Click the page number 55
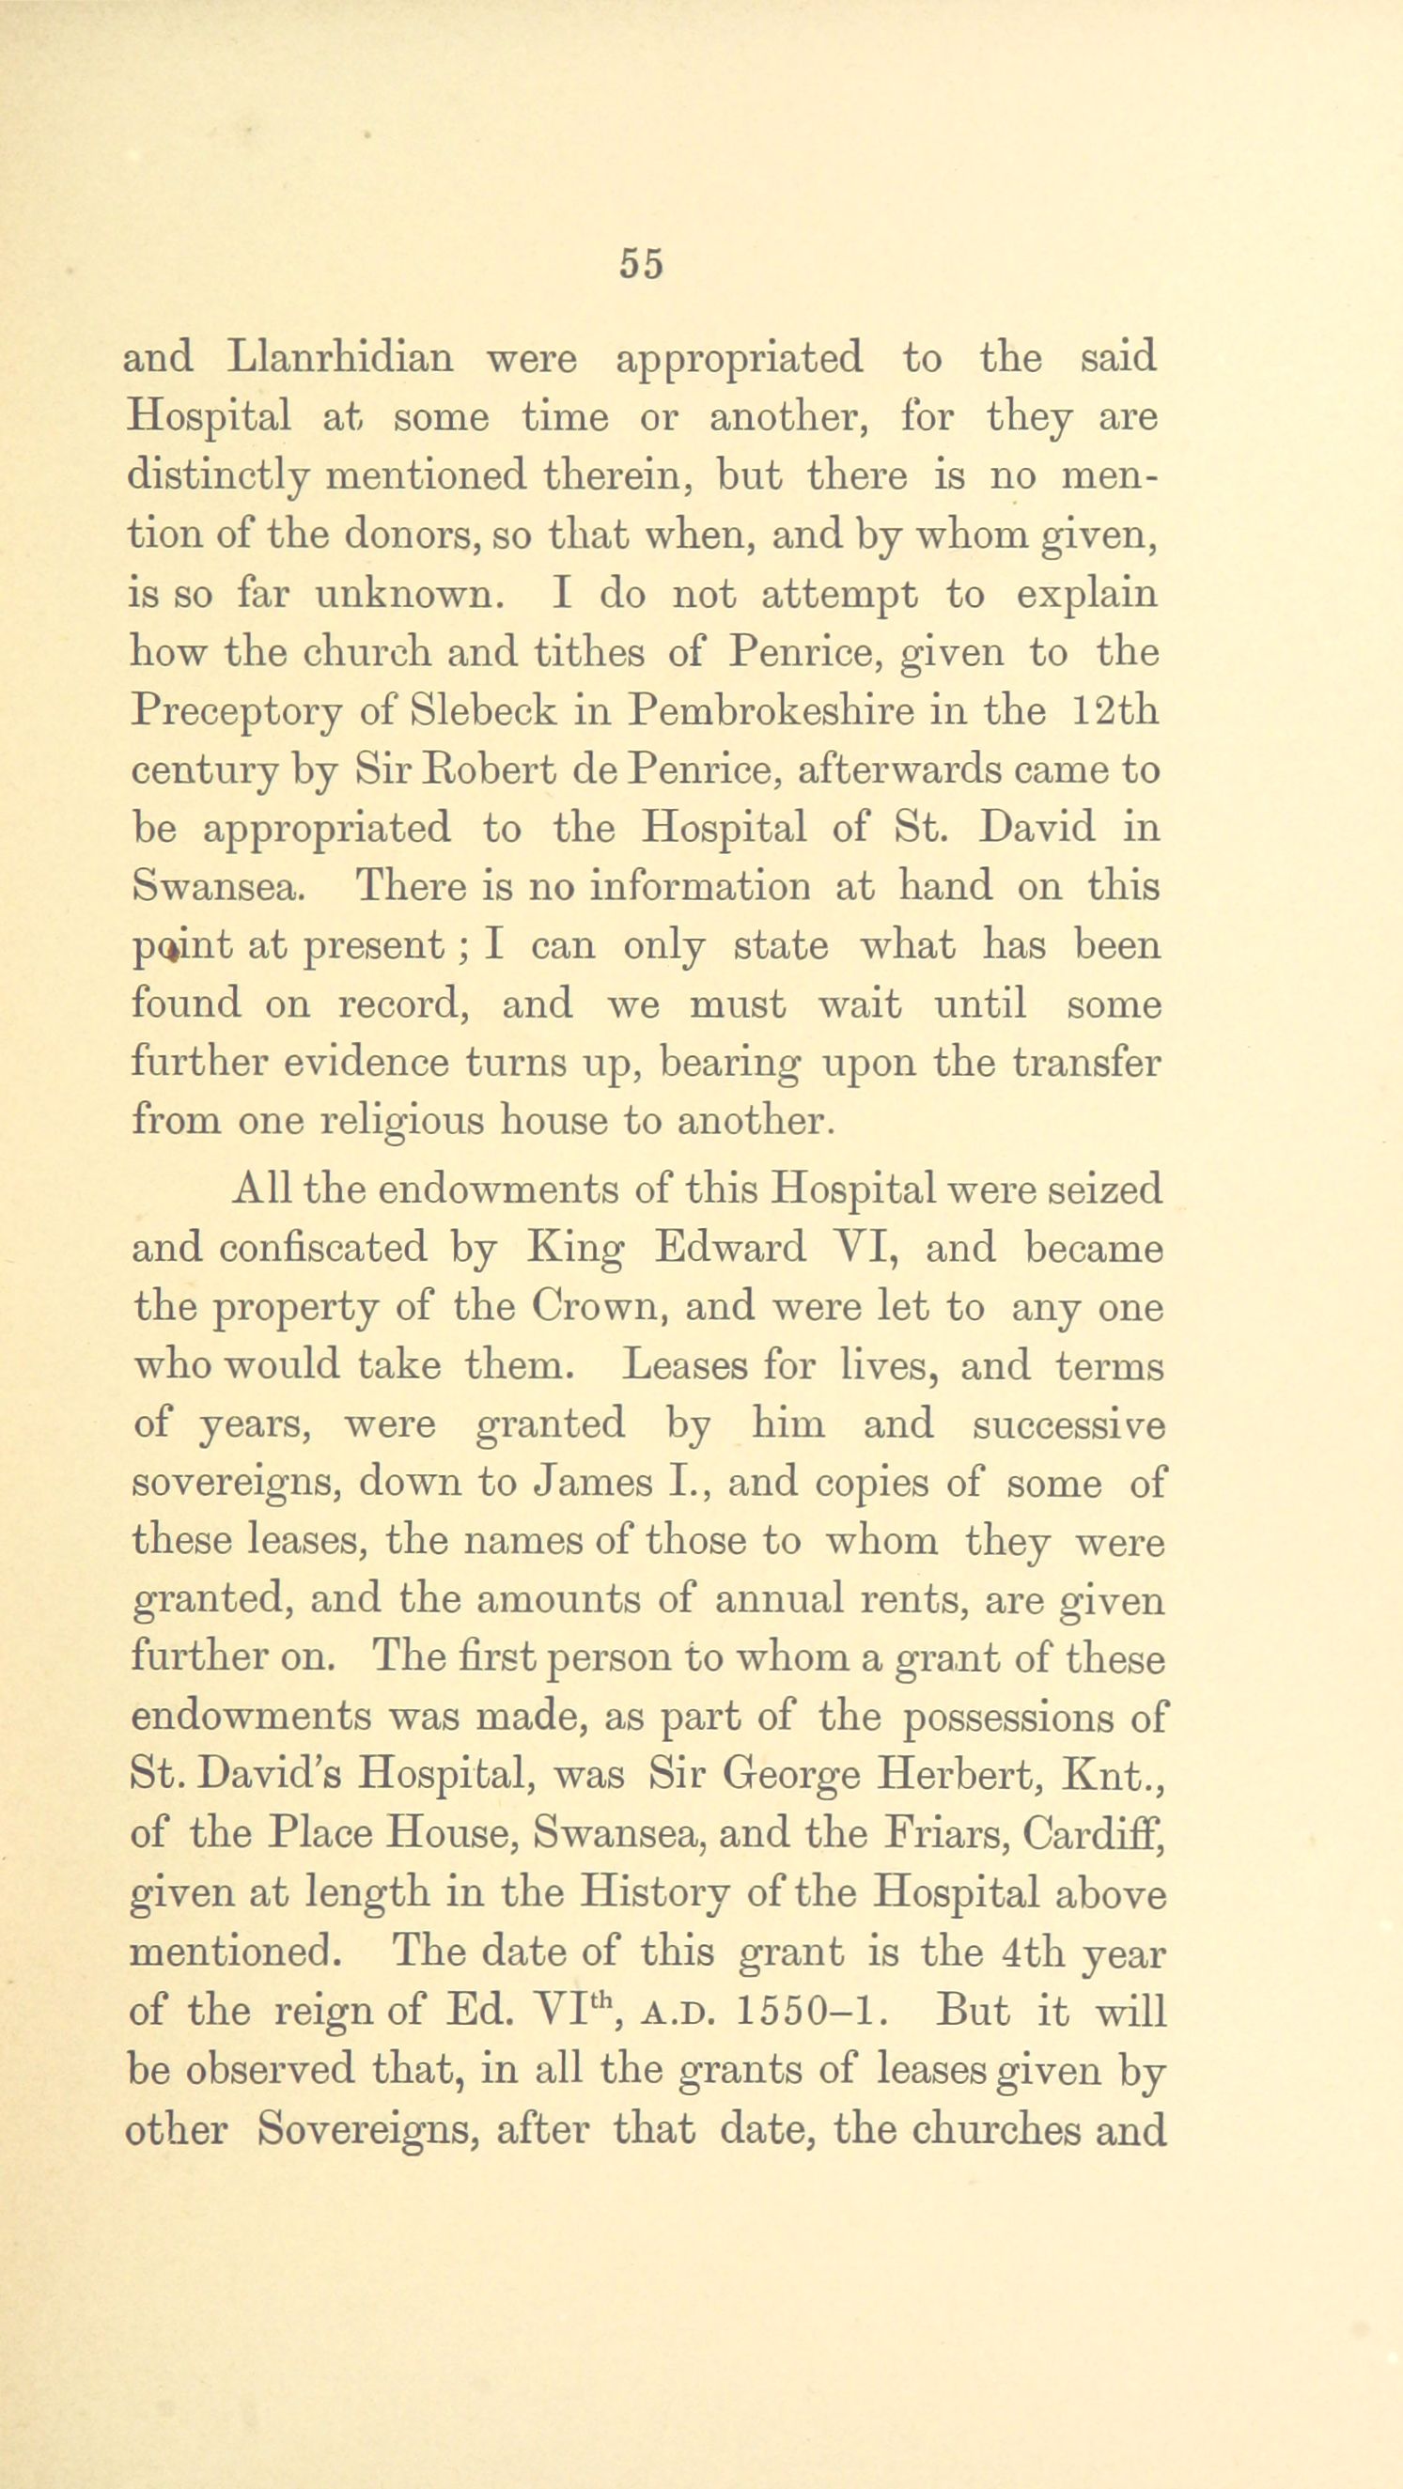pyautogui.click(x=643, y=264)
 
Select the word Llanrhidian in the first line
pyautogui.click(x=340, y=359)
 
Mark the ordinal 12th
pyautogui.click(x=1115, y=711)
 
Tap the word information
pyautogui.click(x=696, y=886)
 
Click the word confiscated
pyautogui.click(x=322, y=1248)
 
